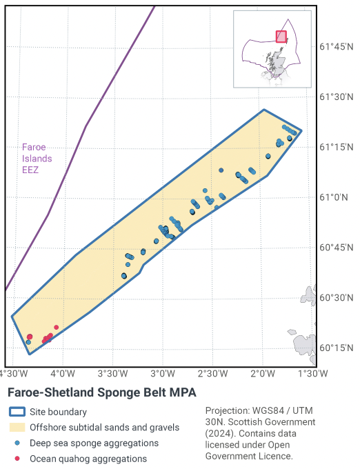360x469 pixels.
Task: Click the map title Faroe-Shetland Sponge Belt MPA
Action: click(x=102, y=392)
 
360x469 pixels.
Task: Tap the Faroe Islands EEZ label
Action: click(x=37, y=158)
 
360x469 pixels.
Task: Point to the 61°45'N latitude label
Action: click(x=337, y=47)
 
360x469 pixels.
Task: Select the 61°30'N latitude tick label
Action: click(x=337, y=97)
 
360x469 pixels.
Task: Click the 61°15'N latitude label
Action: click(x=337, y=147)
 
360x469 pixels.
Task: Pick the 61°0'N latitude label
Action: click(x=334, y=197)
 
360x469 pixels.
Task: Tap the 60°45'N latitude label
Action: click(x=337, y=248)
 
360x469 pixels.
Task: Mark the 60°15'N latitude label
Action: click(x=337, y=348)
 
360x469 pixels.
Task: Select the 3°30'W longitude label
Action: click(x=112, y=373)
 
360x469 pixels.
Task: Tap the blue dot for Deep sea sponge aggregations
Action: click(x=17, y=443)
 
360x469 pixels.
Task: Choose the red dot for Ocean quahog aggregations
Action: click(x=17, y=458)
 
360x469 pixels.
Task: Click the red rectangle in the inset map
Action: click(x=281, y=37)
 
